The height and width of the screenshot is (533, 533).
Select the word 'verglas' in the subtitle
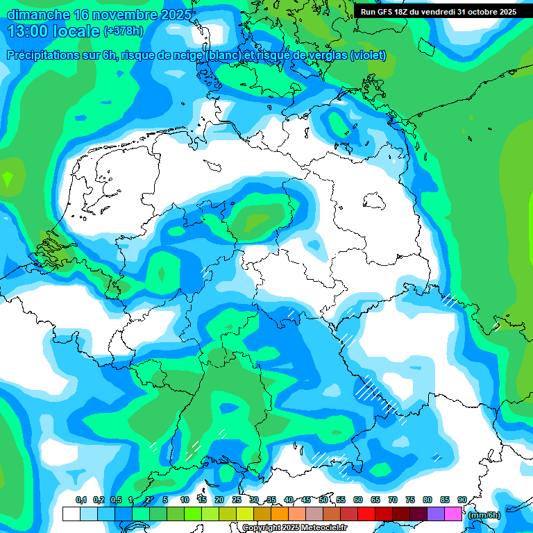[x=325, y=56]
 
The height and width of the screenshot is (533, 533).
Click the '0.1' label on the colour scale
[x=81, y=500]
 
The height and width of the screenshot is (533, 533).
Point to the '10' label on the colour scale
[x=185, y=500]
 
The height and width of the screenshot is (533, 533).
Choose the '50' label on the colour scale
[x=323, y=500]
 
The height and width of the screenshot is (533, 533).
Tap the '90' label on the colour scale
[x=462, y=500]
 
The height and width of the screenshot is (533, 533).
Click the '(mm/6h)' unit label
[x=484, y=515]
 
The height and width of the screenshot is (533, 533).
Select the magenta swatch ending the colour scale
[x=452, y=514]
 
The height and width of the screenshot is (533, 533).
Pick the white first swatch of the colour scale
[x=71, y=514]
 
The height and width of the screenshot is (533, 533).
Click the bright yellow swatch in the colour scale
[x=244, y=514]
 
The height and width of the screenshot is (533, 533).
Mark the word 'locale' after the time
[x=76, y=32]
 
